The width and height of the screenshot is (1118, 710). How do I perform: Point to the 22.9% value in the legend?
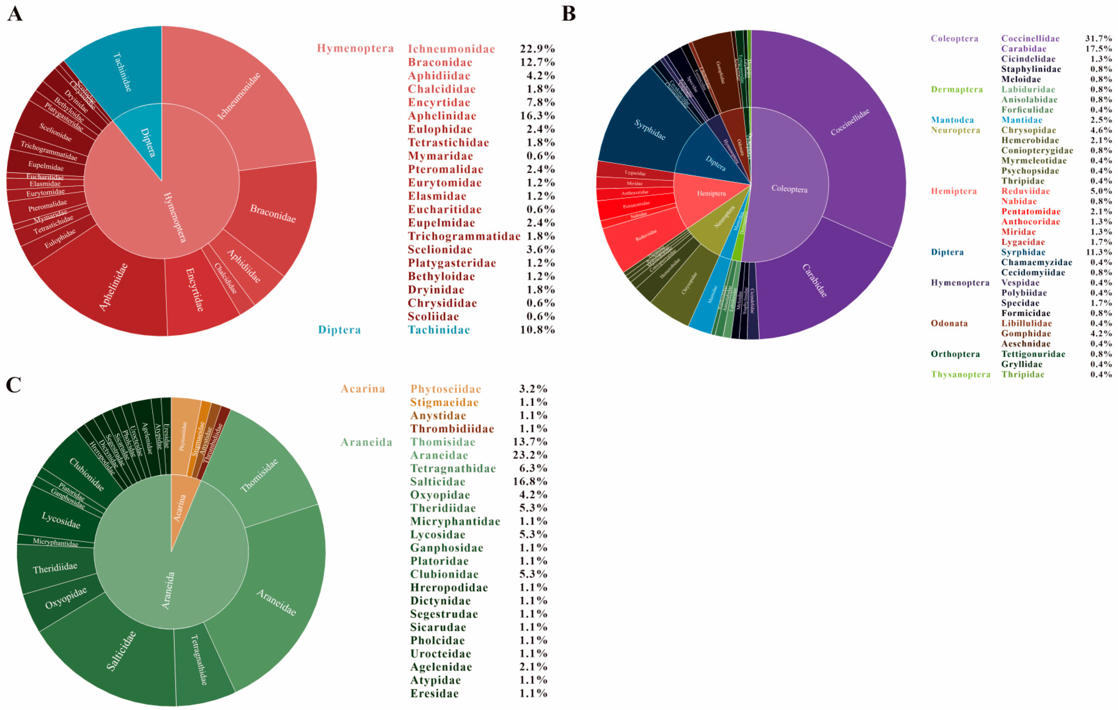click(537, 49)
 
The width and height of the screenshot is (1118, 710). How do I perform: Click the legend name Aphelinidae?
click(441, 116)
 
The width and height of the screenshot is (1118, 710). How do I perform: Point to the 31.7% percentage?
click(1098, 38)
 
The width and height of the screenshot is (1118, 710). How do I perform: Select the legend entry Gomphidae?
click(1026, 333)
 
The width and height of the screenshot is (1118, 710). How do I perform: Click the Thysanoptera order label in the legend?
click(960, 374)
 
